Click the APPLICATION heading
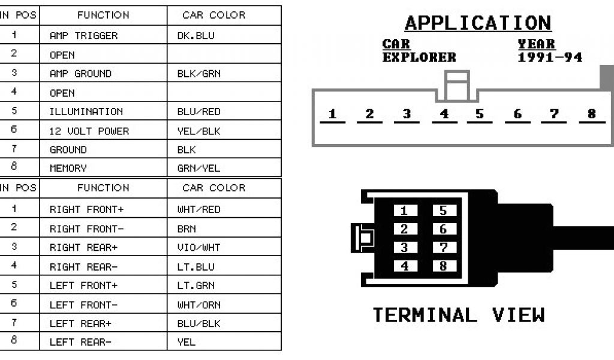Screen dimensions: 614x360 [478, 23]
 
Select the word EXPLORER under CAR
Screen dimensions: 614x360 [419, 58]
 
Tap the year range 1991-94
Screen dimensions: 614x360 [550, 58]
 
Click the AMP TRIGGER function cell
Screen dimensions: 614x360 [83, 35]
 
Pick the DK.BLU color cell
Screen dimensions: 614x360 [195, 35]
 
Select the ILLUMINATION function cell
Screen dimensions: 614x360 [86, 112]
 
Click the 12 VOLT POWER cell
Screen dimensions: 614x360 [89, 131]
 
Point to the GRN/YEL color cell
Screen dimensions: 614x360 [199, 169]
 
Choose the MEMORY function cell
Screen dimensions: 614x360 [68, 169]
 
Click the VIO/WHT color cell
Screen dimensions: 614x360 [198, 247]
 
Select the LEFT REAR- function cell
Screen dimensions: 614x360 [80, 343]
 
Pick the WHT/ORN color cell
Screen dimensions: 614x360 [199, 305]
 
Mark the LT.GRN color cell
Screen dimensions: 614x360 [195, 286]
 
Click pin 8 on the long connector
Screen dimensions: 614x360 [592, 114]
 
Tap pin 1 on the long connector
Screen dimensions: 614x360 [332, 114]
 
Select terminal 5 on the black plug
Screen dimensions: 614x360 [443, 211]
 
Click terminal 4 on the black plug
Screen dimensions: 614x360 [404, 265]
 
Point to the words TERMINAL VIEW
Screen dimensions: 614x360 [459, 315]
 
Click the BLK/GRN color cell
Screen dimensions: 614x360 [198, 74]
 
